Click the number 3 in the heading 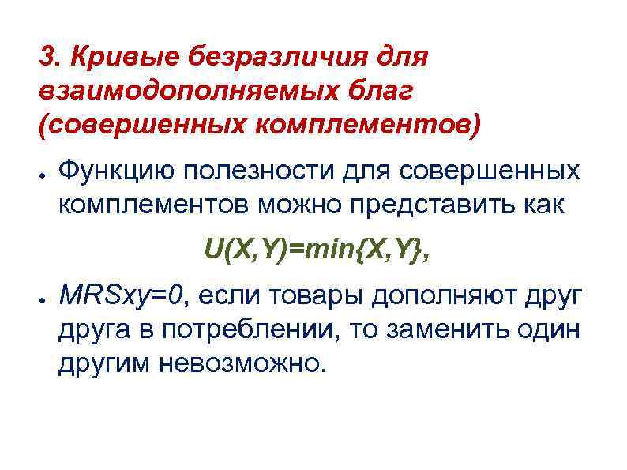pyautogui.click(x=47, y=57)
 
